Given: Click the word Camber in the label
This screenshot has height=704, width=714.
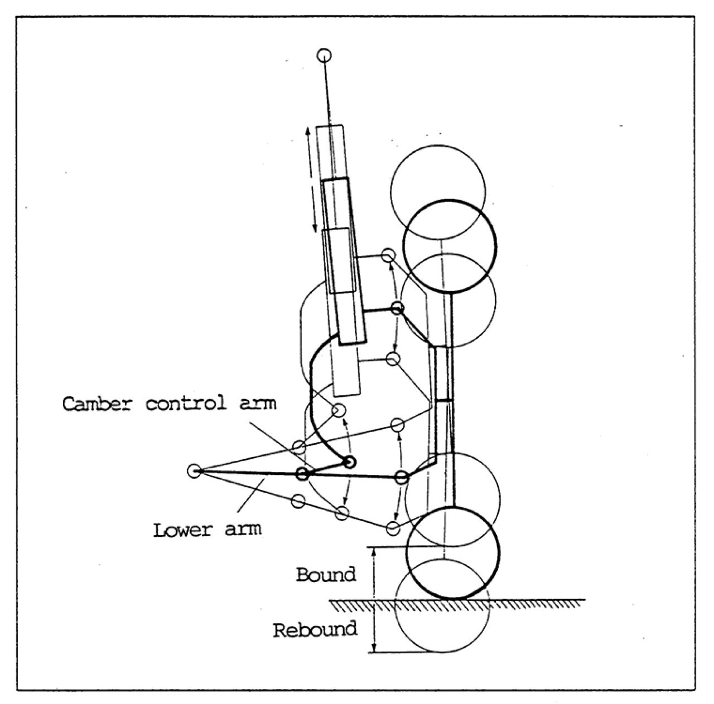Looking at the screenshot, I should pyautogui.click(x=100, y=404).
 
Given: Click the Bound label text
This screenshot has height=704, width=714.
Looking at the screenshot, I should pyautogui.click(x=326, y=574).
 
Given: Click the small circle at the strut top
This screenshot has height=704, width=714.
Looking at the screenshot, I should pyautogui.click(x=324, y=55).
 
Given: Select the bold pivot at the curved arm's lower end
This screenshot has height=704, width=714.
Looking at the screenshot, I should pyautogui.click(x=350, y=462).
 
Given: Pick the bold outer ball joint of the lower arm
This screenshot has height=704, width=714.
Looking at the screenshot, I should pyautogui.click(x=401, y=477).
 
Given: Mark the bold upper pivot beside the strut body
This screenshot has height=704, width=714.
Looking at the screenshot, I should pyautogui.click(x=397, y=308).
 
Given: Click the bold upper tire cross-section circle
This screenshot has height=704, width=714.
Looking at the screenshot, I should pyautogui.click(x=450, y=246).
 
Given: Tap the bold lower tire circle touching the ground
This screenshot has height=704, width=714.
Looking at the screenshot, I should pyautogui.click(x=452, y=552).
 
